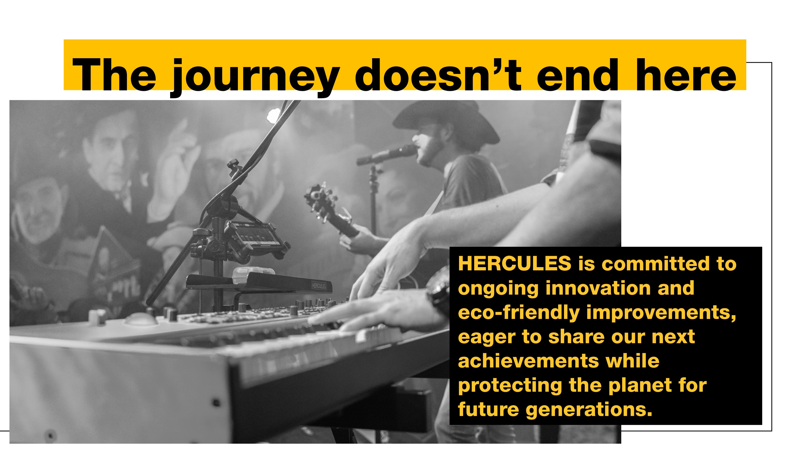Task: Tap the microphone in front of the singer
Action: (x=387, y=155)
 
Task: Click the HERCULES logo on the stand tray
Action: (x=319, y=285)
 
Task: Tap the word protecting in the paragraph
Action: (x=510, y=386)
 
